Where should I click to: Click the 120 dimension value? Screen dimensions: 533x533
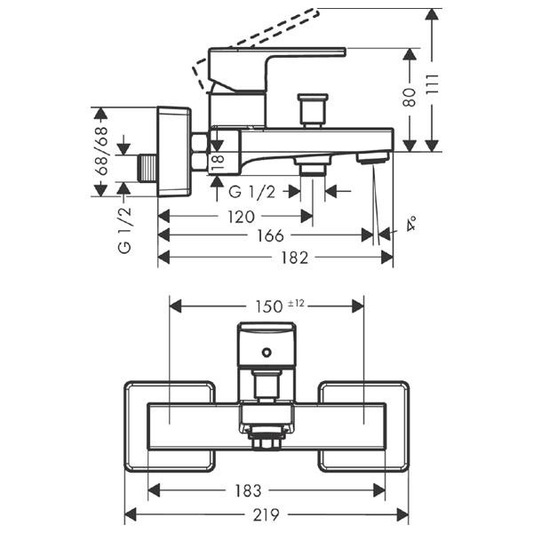point(241,217)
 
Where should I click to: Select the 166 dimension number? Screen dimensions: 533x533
point(270,235)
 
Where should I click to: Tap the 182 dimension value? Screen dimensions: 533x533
point(294,258)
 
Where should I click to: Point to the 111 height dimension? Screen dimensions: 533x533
point(432,84)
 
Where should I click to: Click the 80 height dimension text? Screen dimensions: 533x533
point(410,97)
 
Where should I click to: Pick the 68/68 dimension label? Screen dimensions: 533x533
point(101,151)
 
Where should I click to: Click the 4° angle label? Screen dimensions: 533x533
point(411,223)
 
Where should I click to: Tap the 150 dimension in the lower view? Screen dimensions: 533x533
point(269,306)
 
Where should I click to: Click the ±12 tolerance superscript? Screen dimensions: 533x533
point(296,304)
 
